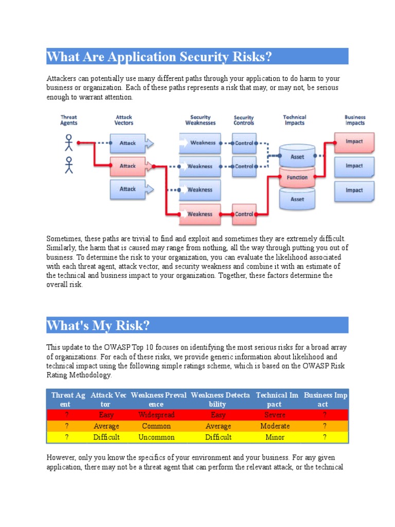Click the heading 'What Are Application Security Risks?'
pos(159,57)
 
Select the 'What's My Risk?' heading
pos(99,325)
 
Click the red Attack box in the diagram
pos(129,166)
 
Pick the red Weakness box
pos(200,214)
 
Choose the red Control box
pos(244,214)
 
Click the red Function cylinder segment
pos(297,178)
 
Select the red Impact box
pos(354,142)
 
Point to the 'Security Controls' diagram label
pos(244,120)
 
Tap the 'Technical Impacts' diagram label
pos(295,120)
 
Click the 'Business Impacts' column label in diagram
pos(355,120)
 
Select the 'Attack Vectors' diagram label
pos(124,120)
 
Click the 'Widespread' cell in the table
pos(156,415)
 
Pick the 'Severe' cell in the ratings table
pos(275,415)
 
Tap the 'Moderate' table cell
pos(275,426)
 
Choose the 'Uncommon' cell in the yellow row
pos(156,437)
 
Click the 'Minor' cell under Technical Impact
pos(275,437)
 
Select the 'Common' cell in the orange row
pos(156,426)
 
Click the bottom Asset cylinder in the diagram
pos(297,199)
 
